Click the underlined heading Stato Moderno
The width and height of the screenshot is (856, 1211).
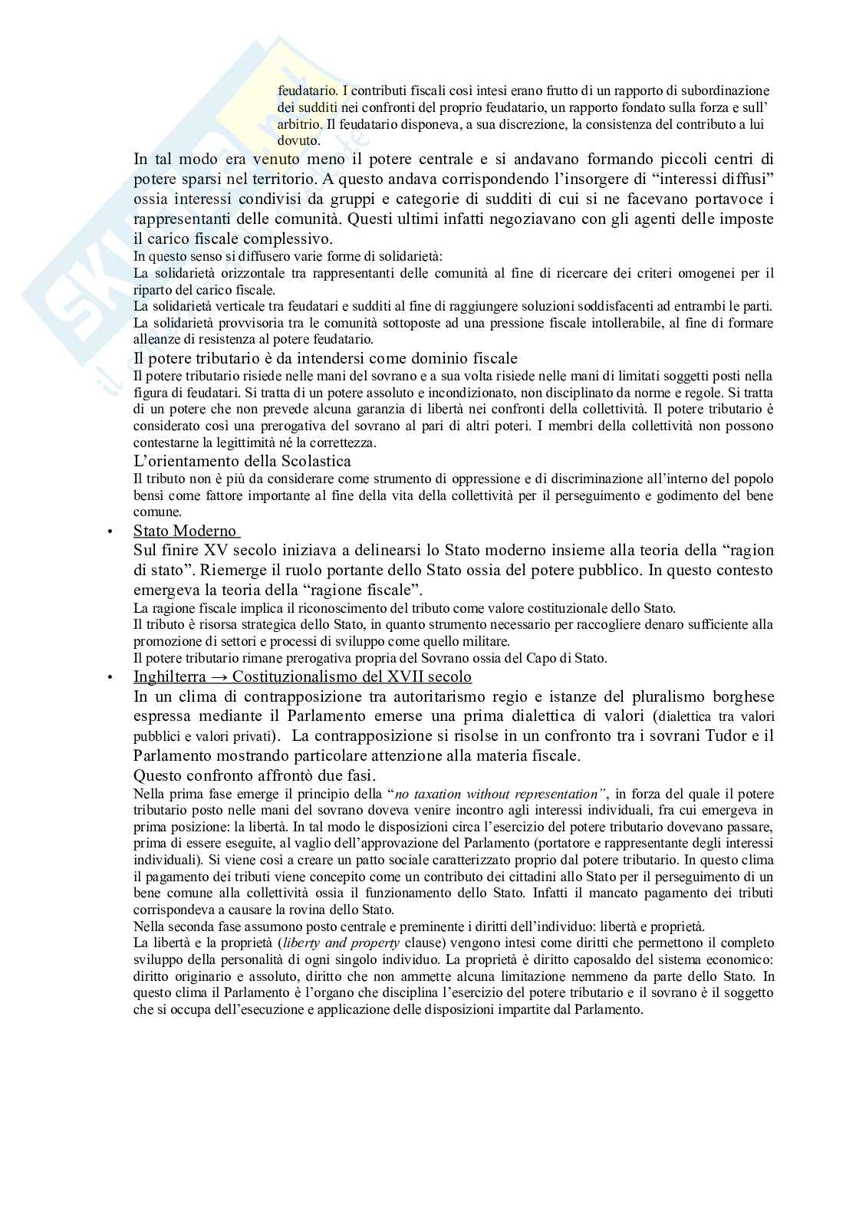tap(186, 531)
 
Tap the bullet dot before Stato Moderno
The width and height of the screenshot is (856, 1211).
tap(110, 531)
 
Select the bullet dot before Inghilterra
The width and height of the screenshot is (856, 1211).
tap(110, 677)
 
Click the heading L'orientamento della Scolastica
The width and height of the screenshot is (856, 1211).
tap(242, 461)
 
